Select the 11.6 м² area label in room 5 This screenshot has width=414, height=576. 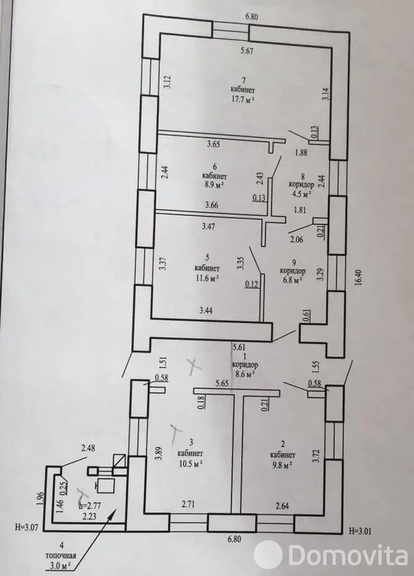click(x=207, y=278)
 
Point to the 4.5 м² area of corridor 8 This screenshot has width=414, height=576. click(x=300, y=193)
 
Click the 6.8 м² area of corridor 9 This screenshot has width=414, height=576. click(x=290, y=280)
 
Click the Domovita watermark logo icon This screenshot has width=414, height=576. click(x=268, y=555)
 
